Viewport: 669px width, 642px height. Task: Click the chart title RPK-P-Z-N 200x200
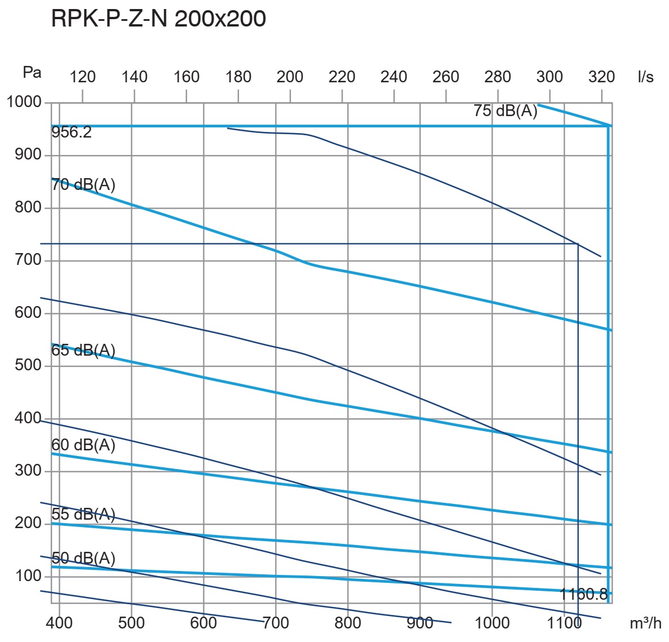[x=158, y=19]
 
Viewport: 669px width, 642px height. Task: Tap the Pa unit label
[x=32, y=72]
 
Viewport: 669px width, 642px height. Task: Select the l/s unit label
[x=646, y=77]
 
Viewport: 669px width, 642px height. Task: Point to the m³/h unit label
[x=645, y=623]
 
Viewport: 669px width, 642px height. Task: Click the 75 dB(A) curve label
[x=506, y=110]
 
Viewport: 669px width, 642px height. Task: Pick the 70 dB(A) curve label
[x=83, y=184]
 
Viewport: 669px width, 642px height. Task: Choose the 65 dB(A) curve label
[x=83, y=351]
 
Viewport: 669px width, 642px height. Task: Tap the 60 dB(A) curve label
[x=83, y=445]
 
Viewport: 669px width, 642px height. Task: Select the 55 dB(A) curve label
[x=83, y=515]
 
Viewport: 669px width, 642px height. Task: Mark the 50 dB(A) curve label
[x=83, y=559]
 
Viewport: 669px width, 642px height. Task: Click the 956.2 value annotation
[x=71, y=133]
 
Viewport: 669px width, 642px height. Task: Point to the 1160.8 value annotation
[x=584, y=594]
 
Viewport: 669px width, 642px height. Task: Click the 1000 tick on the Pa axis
[x=24, y=103]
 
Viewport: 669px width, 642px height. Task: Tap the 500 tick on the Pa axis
[x=28, y=365]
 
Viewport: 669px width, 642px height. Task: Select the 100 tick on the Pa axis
[x=28, y=576]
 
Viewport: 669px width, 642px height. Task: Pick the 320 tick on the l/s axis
[x=601, y=77]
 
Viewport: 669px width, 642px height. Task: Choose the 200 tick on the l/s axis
[x=290, y=77]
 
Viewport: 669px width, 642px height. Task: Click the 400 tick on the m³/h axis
[x=59, y=623]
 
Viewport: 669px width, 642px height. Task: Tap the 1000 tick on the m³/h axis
[x=492, y=623]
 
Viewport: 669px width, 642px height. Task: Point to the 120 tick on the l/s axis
[x=83, y=77]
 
